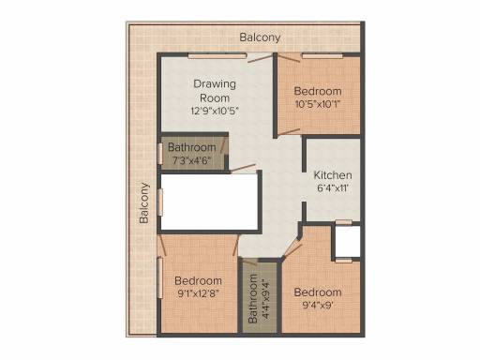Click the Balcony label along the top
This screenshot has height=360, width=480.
click(260, 37)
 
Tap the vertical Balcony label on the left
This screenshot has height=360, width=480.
click(144, 203)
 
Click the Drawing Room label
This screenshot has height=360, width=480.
click(215, 91)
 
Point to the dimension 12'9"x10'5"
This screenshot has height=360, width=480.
click(215, 111)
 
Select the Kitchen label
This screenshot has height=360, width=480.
click(333, 175)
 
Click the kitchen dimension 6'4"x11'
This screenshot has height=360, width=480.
click(333, 188)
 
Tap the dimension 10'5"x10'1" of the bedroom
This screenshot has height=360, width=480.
click(318, 104)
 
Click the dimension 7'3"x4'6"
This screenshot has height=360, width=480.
click(192, 160)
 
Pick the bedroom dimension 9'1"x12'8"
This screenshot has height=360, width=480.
click(198, 293)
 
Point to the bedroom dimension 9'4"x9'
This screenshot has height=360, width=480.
click(318, 305)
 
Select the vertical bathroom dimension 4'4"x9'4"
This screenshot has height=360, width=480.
click(265, 299)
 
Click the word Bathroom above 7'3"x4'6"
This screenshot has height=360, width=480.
click(192, 147)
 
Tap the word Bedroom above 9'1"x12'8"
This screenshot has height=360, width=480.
click(198, 280)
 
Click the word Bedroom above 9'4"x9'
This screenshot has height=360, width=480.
click(318, 292)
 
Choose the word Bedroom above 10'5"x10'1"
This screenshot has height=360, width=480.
click(318, 91)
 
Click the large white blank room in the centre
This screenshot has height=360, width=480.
click(209, 202)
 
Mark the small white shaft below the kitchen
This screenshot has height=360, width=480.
click(348, 241)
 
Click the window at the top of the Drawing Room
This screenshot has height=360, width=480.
click(217, 56)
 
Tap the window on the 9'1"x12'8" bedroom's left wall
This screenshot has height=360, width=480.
click(160, 277)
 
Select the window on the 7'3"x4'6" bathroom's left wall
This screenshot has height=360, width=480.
click(160, 154)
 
